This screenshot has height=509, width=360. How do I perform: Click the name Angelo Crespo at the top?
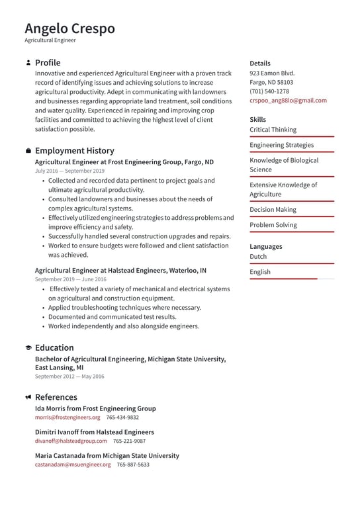tap(69, 28)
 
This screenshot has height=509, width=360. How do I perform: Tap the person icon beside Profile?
tap(28, 63)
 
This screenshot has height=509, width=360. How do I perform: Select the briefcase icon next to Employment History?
tap(28, 151)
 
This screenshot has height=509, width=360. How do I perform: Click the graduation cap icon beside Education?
tap(28, 348)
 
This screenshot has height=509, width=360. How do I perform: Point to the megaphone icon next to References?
tap(28, 398)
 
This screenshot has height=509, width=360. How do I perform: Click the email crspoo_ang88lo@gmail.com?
tap(288, 101)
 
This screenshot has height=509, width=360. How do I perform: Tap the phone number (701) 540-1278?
tap(269, 91)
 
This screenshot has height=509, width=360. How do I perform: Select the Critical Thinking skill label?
tap(273, 130)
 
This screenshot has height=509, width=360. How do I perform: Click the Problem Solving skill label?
tap(273, 225)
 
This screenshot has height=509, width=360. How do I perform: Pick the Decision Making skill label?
tap(273, 210)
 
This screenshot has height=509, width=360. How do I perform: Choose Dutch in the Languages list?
tap(258, 257)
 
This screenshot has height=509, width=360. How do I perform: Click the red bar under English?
tap(283, 279)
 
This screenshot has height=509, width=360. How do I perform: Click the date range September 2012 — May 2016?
tap(69, 377)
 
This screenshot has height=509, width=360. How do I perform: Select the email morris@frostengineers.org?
tap(67, 418)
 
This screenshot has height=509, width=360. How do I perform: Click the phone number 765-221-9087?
tap(129, 441)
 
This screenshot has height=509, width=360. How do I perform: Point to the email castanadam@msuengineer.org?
tap(73, 465)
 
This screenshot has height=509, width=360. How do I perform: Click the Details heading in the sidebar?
tap(260, 64)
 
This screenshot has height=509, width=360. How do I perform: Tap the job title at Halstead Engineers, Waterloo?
tap(120, 270)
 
